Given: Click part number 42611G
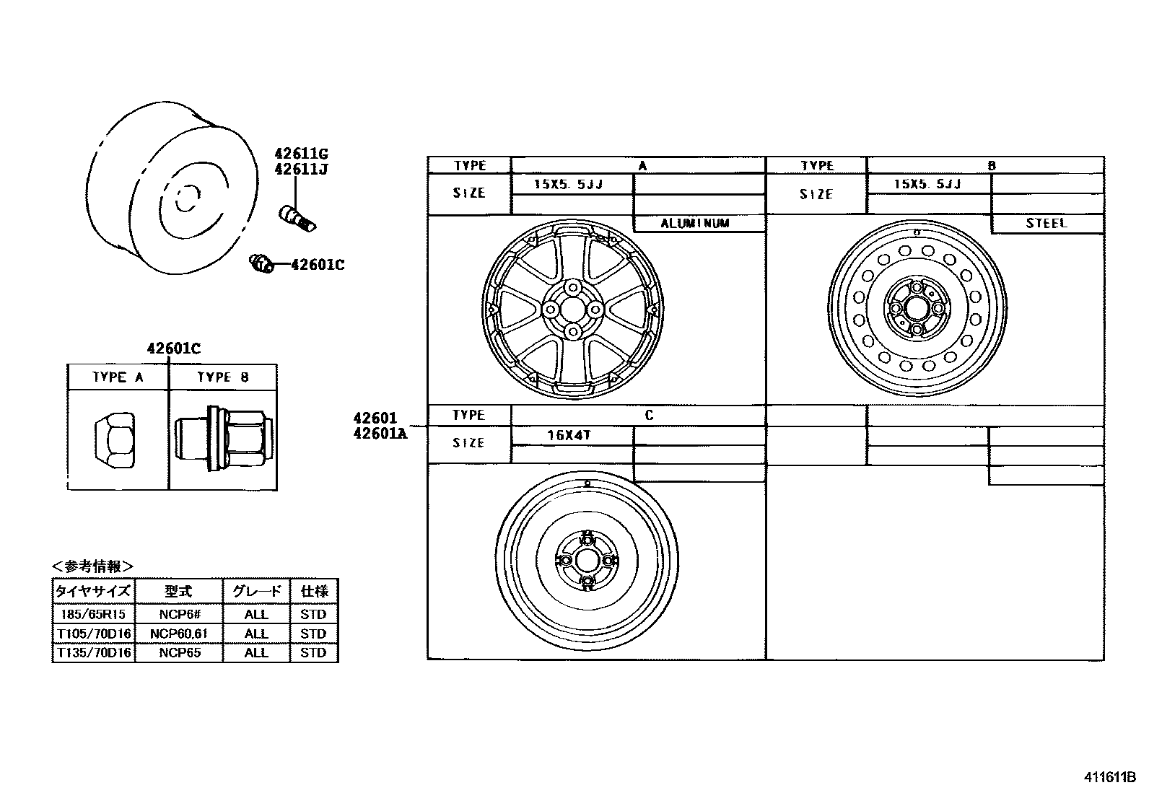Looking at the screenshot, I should pos(300,154).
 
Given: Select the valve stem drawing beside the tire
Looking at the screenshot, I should pos(297,216).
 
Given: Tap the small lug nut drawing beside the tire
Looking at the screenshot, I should pos(261,263).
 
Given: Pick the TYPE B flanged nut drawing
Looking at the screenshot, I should pos(222,439).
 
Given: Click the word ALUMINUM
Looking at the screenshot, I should pos(695,224).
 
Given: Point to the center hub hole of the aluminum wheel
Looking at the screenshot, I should pos(572,309).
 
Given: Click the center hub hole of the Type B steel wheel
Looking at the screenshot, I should pos(916,308).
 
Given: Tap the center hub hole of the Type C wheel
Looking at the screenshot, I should pos(587,561).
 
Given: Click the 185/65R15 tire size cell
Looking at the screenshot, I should pos(94,615).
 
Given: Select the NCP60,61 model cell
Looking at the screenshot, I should pos(178,634).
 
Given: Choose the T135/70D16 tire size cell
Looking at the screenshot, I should pos(94,653).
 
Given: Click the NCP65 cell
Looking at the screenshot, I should pos(178,653).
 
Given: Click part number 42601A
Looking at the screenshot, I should pos(380,433).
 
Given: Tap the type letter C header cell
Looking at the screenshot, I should pos(648,416).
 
